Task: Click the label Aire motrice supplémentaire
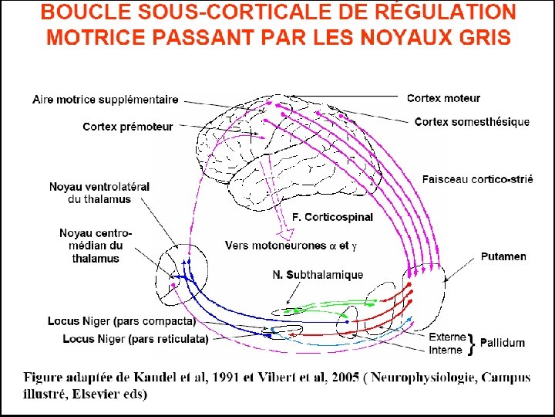click(x=106, y=100)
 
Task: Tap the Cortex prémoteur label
click(x=128, y=127)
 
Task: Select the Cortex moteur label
click(x=443, y=98)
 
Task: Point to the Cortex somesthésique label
click(x=472, y=121)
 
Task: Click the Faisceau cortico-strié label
click(x=477, y=179)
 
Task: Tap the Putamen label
click(x=503, y=256)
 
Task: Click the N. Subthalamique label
click(x=318, y=275)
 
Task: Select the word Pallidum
click(x=504, y=343)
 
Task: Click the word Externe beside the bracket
click(x=447, y=337)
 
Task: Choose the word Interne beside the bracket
click(x=446, y=350)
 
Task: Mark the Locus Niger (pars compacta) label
click(x=121, y=320)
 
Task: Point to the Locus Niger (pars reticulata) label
click(x=123, y=339)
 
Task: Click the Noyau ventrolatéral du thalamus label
click(x=99, y=192)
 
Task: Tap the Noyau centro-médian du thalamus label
click(x=96, y=246)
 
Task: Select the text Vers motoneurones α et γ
click(x=291, y=246)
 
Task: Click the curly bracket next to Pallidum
click(x=471, y=344)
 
